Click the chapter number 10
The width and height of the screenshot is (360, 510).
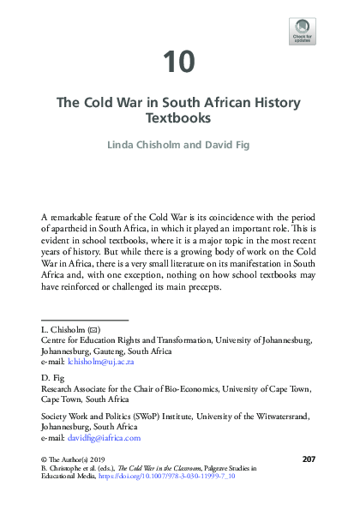point(179,62)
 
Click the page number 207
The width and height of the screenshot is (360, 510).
point(310,460)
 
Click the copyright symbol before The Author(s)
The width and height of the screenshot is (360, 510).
point(44,460)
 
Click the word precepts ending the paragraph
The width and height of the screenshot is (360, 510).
point(197,287)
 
